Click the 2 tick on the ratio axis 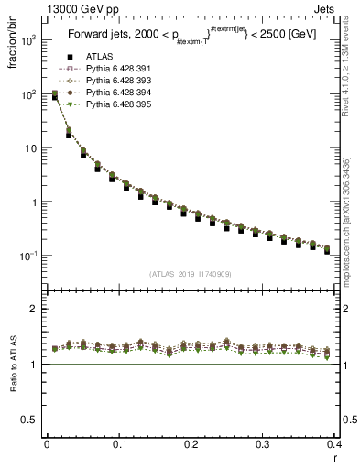pyautogui.click(x=36, y=309)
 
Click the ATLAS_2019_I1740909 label pyautogui.click(x=190, y=274)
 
